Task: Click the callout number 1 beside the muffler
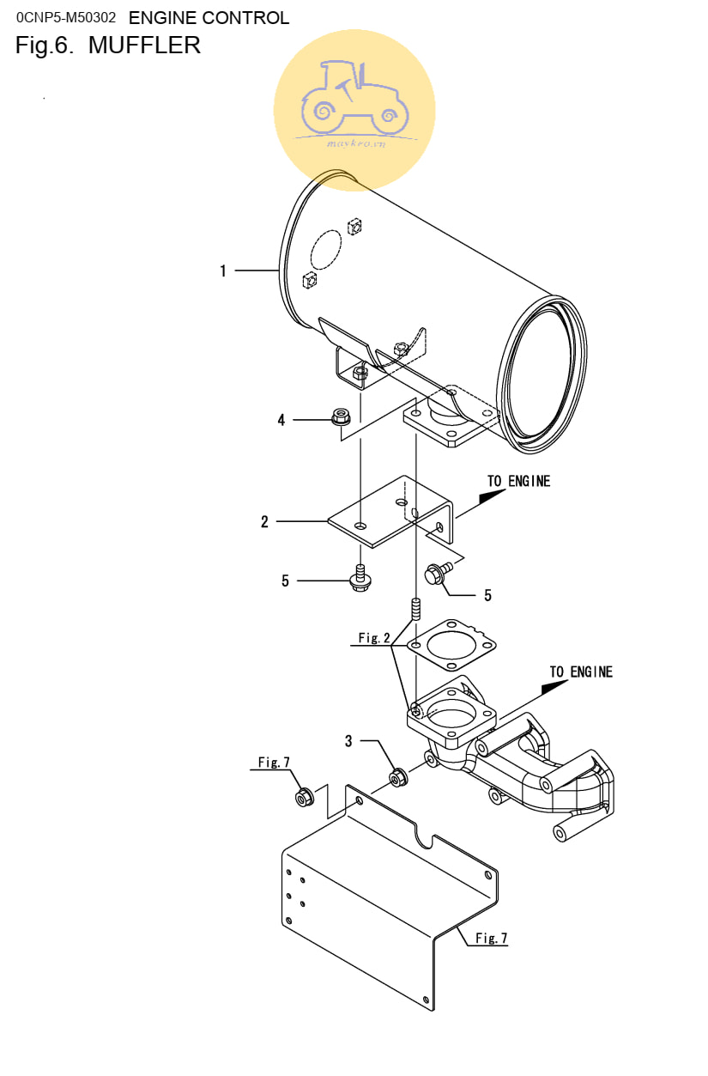(223, 271)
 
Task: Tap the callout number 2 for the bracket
(264, 521)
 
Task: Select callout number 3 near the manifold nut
(348, 741)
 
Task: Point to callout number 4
(281, 420)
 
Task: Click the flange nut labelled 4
(341, 416)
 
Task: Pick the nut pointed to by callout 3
(398, 777)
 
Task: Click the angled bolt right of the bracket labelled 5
(438, 573)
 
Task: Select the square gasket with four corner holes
(451, 645)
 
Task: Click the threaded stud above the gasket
(416, 609)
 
